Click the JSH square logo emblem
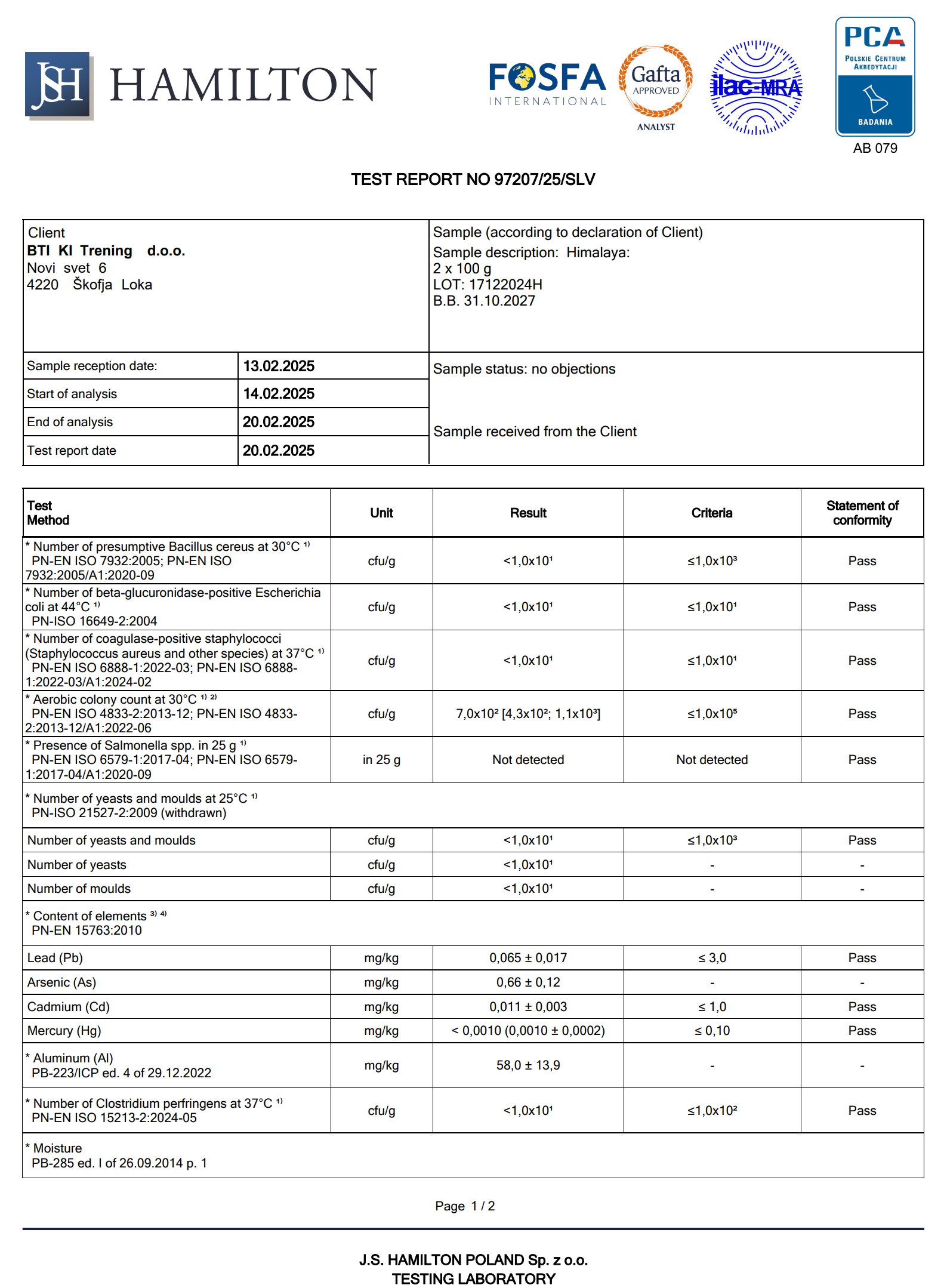coord(58,85)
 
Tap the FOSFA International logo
coord(547,84)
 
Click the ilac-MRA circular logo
coord(756,88)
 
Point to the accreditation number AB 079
coord(875,149)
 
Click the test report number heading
coord(473,180)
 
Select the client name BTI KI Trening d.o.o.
coord(106,251)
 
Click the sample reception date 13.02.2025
coord(279,366)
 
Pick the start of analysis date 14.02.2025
coord(279,394)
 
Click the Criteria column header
coord(711,513)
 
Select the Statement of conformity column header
coord(862,513)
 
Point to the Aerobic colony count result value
coord(528,714)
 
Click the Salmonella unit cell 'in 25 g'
coord(381,760)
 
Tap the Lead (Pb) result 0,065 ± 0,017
coord(528,958)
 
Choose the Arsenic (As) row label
coord(62,982)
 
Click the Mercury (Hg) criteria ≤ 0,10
coord(712,1031)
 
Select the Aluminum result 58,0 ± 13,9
coord(528,1065)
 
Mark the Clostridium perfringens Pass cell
coord(862,1111)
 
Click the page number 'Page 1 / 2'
coord(465,1206)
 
